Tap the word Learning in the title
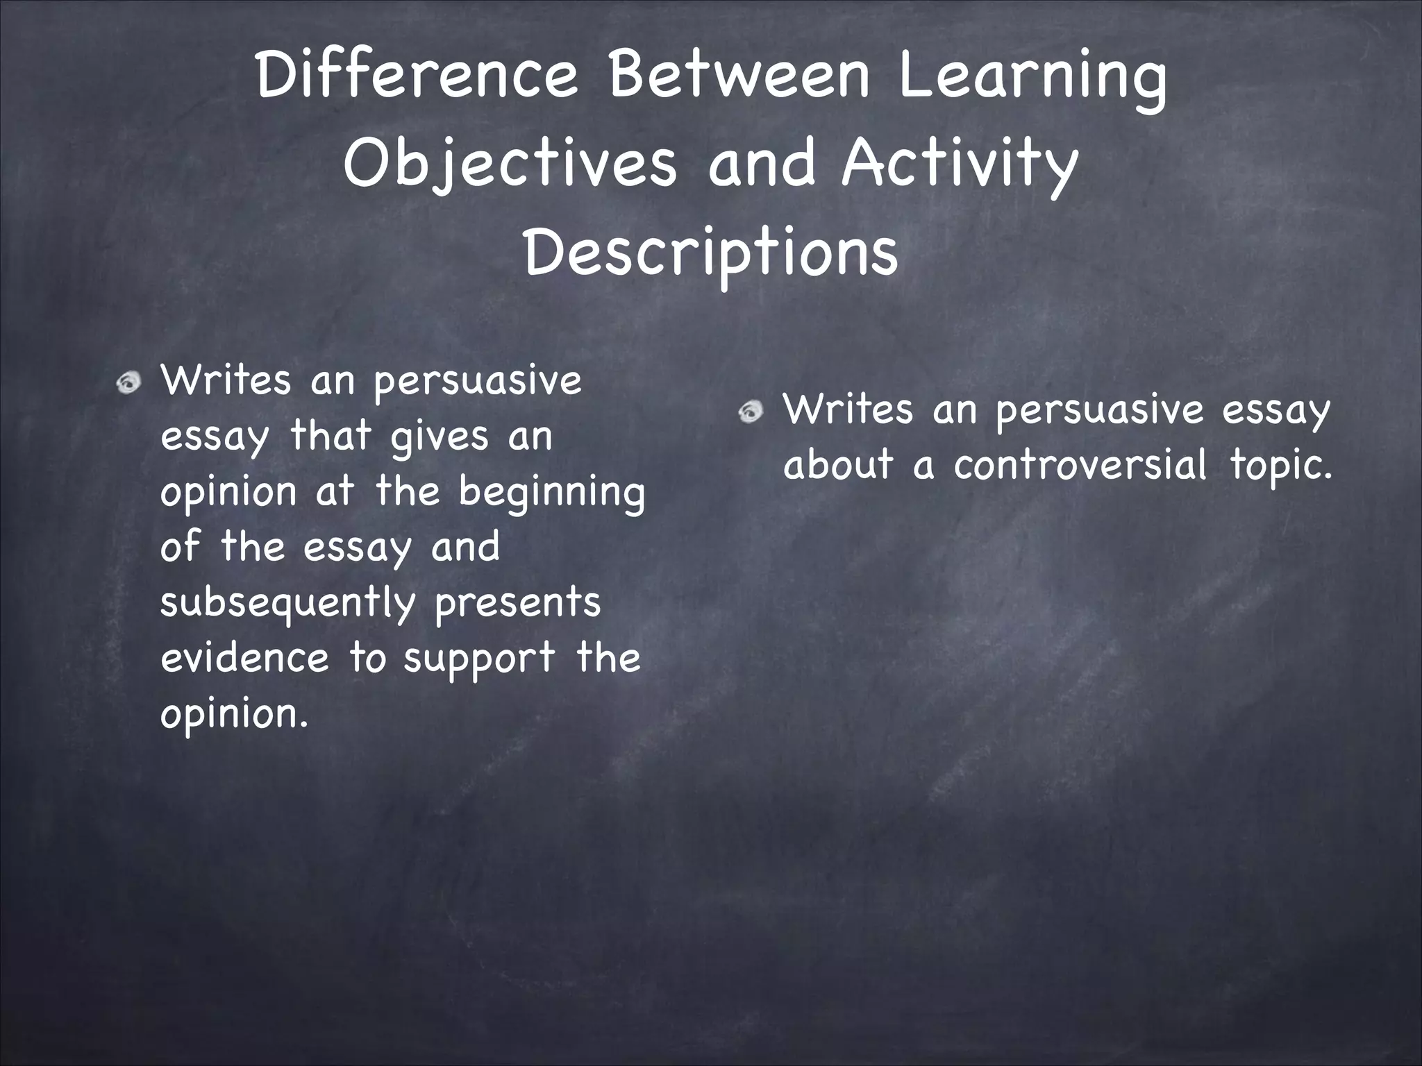(1032, 78)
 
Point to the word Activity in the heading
(960, 165)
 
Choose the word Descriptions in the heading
(711, 254)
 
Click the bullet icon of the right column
(751, 412)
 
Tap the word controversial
(1080, 465)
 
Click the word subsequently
(287, 602)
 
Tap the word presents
(517, 602)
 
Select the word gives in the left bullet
(440, 437)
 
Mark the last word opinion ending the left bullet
(233, 715)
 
